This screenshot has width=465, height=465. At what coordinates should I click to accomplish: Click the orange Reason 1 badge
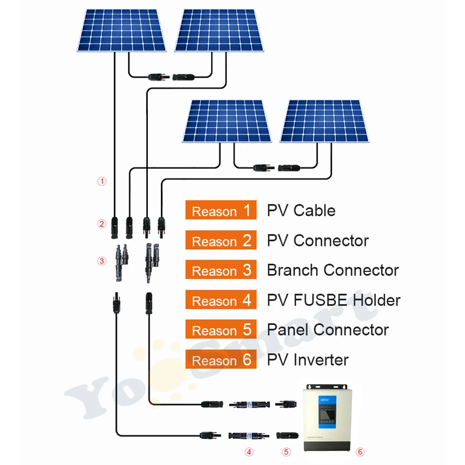point(221,210)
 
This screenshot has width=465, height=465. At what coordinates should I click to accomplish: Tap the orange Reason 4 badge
point(221,299)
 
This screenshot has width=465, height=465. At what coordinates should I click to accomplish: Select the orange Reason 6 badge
point(221,359)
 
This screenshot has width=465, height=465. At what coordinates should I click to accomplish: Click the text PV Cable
point(301,211)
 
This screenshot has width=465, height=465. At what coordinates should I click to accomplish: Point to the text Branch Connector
point(333,270)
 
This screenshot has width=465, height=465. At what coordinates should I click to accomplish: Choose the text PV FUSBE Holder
point(333,300)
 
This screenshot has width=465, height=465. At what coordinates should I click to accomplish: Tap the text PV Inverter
point(307,360)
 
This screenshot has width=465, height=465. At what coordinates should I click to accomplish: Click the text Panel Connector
point(328,330)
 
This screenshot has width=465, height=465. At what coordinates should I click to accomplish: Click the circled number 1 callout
point(102,181)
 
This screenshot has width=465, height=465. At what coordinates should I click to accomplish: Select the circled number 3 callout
point(102,261)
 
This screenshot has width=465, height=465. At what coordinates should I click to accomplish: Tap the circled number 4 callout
point(249,452)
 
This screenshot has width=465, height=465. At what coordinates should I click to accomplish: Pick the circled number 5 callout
point(286,452)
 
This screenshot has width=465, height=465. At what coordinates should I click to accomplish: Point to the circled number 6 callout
point(360,452)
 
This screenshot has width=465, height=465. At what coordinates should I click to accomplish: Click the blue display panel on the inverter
point(327,412)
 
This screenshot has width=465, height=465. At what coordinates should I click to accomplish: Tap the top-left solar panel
point(121,30)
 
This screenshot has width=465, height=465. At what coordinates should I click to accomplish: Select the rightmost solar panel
point(325,121)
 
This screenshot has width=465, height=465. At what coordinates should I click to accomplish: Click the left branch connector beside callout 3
point(121,263)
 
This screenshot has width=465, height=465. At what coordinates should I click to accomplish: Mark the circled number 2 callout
point(102,224)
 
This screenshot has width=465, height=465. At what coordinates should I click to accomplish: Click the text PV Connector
point(318,240)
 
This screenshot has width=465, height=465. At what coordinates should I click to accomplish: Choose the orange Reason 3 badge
point(221,270)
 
